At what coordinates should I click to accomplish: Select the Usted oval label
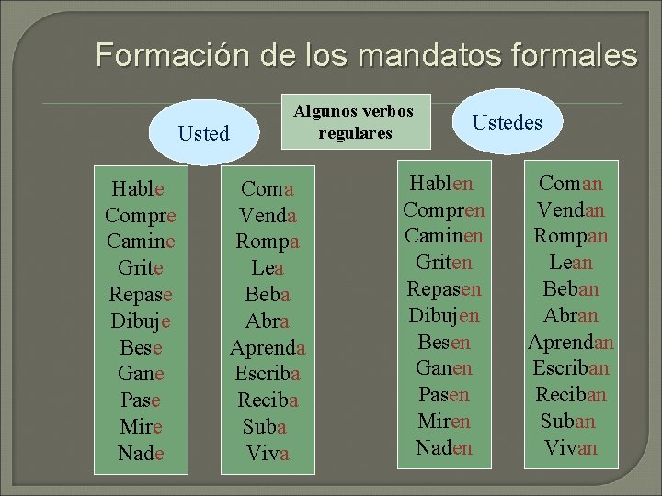tap(203, 133)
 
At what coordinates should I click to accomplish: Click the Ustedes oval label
tap(508, 122)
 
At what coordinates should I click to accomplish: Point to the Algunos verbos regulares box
tap(354, 122)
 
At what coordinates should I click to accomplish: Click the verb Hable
tap(138, 189)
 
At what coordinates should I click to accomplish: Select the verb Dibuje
tap(141, 322)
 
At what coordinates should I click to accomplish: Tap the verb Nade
tap(141, 453)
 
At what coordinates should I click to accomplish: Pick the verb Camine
tap(141, 242)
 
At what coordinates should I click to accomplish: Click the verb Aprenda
tap(268, 349)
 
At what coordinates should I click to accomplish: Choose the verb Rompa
tap(268, 242)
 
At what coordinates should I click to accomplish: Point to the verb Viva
tap(268, 454)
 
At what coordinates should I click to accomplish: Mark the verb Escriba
tap(268, 375)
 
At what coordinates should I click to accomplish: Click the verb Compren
tap(444, 209)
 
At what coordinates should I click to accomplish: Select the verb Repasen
tap(444, 289)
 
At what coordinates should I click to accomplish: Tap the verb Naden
tap(444, 447)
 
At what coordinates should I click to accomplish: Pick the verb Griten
tap(444, 263)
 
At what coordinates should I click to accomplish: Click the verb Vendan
tap(571, 209)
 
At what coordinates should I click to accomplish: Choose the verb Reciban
tap(571, 395)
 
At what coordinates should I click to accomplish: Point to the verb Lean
tap(571, 263)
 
